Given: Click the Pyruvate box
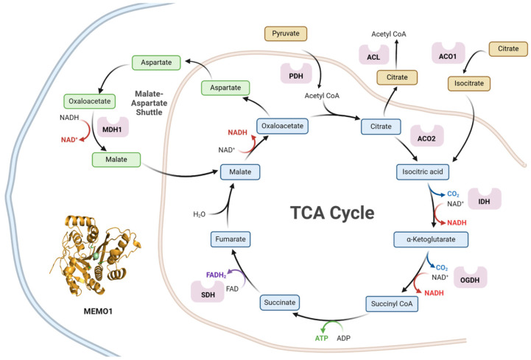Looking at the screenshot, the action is click(286, 34).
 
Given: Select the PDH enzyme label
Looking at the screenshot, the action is click(296, 77).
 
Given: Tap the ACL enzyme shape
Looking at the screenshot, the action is click(374, 54).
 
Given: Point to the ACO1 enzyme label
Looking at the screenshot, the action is click(448, 57).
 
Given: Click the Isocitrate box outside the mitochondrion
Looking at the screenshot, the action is click(469, 83).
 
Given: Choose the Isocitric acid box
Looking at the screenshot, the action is click(423, 172).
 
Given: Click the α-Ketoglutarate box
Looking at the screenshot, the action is click(431, 239).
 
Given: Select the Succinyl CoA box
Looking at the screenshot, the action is click(392, 304).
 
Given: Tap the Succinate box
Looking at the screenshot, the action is click(280, 303).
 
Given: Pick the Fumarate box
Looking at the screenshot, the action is click(231, 239).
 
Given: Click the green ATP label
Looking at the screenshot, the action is click(321, 338).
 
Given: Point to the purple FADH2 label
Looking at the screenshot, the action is click(216, 275).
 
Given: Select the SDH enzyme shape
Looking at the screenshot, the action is click(208, 292).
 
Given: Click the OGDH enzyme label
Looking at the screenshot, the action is click(470, 280).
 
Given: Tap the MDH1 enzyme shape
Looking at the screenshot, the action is click(113, 127).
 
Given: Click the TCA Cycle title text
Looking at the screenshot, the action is click(332, 213).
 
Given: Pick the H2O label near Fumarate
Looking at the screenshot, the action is click(199, 214).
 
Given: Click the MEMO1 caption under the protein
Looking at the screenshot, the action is click(98, 311).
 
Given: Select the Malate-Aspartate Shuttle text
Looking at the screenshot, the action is click(149, 103).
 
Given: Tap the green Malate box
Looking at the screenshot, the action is click(116, 160).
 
